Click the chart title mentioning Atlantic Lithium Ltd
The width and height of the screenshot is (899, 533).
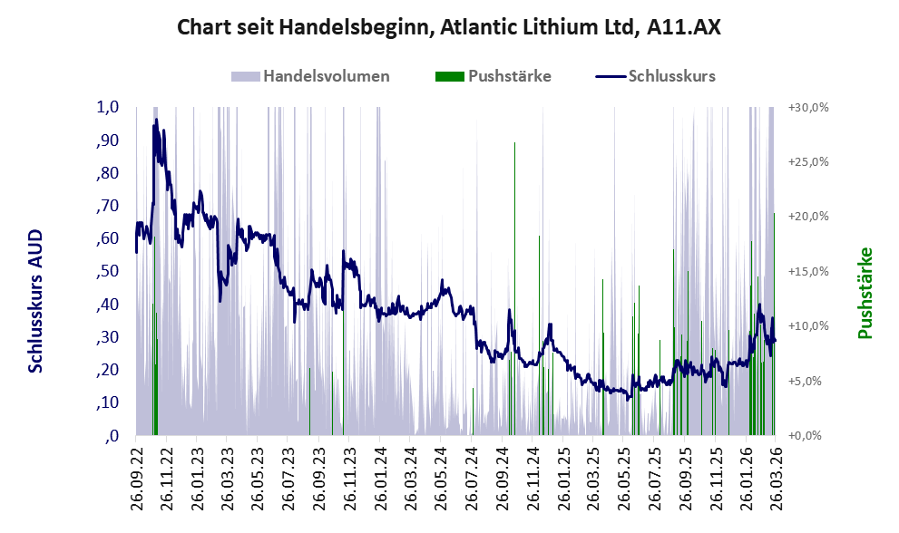449,27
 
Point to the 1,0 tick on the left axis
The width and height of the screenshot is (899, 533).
108,107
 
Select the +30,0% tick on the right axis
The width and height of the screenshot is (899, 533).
808,107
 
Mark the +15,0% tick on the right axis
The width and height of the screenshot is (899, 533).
808,271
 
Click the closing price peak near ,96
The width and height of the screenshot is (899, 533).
156,120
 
